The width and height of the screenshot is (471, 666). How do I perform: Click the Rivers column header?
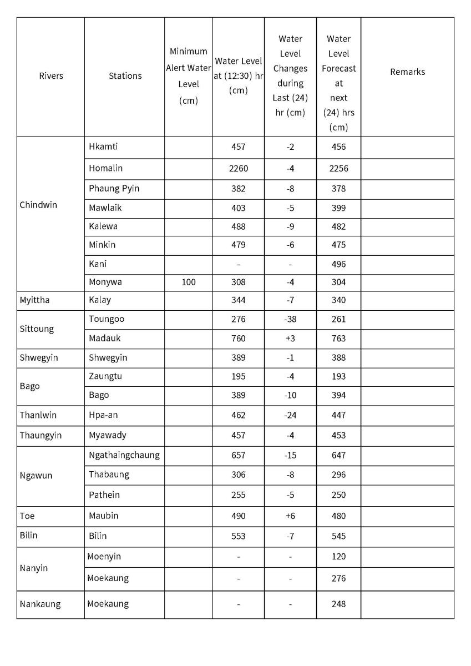point(51,76)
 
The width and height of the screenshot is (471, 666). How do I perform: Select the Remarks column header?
point(407,72)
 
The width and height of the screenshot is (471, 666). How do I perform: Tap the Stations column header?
point(125,76)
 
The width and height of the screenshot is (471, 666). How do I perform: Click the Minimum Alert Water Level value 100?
point(189,282)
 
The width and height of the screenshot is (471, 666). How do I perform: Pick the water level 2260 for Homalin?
point(239,168)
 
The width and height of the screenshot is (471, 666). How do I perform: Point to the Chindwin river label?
point(38,205)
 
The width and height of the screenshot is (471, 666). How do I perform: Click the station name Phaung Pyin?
point(114,188)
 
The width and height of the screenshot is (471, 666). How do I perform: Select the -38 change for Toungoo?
point(290,319)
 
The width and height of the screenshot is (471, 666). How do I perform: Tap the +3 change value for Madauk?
point(290,338)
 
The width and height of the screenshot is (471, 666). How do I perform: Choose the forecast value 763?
point(338,338)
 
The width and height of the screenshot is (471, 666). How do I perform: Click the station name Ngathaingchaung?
point(124,455)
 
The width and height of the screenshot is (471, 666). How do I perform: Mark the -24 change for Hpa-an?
point(290,415)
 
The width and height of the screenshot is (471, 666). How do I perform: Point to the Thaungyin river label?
point(40,435)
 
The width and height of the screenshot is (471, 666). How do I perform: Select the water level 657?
point(239,455)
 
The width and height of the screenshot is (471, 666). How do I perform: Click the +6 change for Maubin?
point(290,516)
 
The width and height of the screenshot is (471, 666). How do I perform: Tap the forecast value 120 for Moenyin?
point(338,556)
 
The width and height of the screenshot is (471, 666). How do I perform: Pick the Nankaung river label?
point(40,604)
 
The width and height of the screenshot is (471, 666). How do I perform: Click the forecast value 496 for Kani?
point(338,264)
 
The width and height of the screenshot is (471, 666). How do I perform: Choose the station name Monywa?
point(105,282)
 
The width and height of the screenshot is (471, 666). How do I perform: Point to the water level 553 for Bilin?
point(239,536)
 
